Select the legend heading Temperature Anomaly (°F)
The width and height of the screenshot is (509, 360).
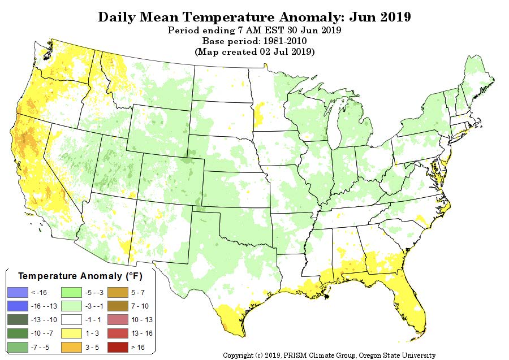coord(80,276)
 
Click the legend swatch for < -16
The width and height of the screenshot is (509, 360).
coord(18,293)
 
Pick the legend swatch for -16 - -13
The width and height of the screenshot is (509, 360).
coord(18,306)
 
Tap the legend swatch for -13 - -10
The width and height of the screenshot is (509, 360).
coord(18,320)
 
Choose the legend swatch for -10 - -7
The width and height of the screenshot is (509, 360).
coord(18,333)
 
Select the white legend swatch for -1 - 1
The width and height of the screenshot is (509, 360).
coord(71,320)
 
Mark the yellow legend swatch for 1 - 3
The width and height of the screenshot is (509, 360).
coord(71,333)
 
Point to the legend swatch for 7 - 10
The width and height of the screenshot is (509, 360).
coord(118,306)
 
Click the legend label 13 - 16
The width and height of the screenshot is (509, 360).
coord(142,333)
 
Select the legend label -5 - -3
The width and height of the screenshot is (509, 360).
coord(94,293)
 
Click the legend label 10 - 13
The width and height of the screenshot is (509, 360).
coord(142,320)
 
